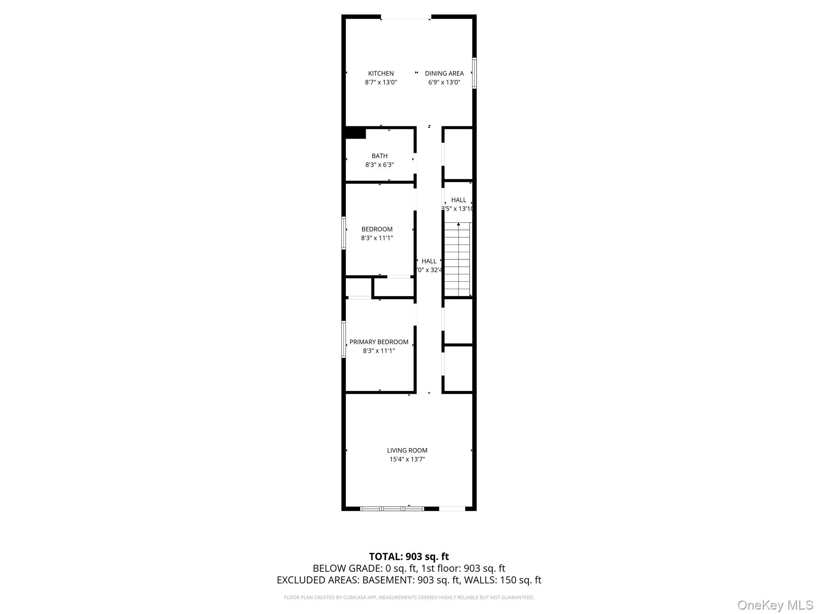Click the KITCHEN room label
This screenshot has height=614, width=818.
pos(381,74)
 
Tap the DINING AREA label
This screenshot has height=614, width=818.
pos(444,74)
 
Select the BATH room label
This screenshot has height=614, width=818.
pos(379,156)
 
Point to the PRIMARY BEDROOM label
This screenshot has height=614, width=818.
pos(379,342)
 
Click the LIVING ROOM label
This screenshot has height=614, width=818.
pos(407,451)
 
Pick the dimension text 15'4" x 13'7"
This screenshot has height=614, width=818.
pos(407,459)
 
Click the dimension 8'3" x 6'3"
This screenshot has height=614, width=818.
pos(379,165)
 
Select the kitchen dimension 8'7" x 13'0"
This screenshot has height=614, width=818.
pos(381,82)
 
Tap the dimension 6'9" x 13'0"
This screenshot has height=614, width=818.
pos(444,82)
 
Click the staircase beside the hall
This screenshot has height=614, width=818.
pos(457,259)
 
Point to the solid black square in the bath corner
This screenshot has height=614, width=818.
pos(355,133)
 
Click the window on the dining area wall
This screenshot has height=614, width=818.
pos(475,73)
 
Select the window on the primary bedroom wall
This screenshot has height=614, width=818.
pos(343,339)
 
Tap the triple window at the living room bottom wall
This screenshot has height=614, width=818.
pos(391,509)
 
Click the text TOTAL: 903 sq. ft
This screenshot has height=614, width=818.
pos(409,556)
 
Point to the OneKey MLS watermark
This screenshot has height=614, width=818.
pos(775,605)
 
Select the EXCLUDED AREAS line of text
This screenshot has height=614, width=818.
pos(409,580)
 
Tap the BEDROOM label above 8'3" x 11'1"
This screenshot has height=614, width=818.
pos(377,229)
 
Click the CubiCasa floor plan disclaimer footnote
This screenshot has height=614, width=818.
pos(409,598)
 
